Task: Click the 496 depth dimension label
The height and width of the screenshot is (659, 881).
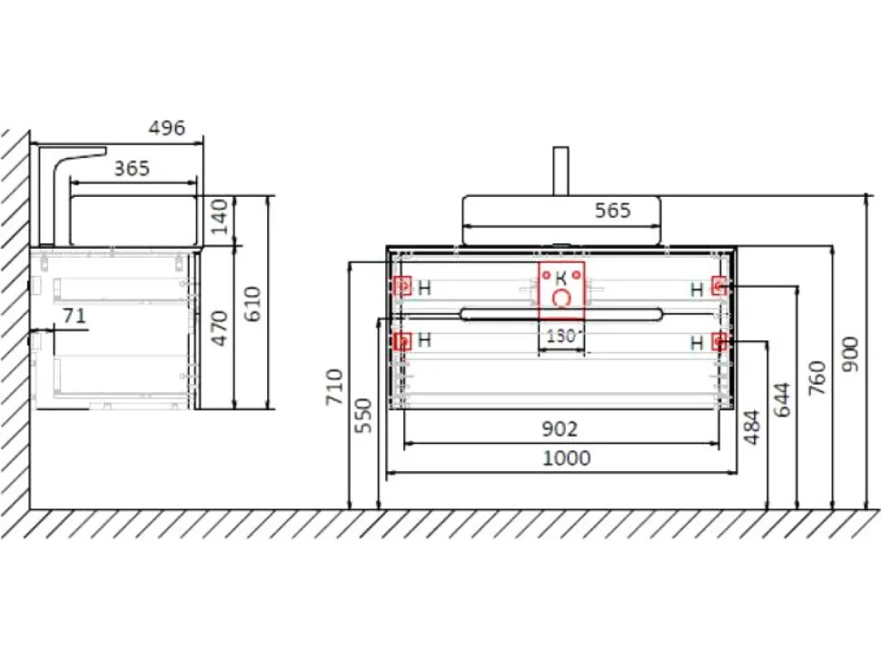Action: tap(167, 128)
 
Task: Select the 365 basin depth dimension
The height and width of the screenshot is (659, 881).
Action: tap(132, 169)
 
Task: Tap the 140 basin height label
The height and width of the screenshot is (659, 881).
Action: tap(219, 216)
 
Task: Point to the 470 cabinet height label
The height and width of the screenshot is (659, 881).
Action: tap(219, 328)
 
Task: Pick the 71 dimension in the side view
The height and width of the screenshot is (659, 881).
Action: tap(74, 316)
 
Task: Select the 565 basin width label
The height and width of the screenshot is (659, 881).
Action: tap(613, 211)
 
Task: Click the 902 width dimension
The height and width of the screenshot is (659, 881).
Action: tap(559, 428)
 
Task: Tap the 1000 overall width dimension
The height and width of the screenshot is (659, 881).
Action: tap(567, 458)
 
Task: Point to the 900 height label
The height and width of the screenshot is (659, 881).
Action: tap(851, 354)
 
